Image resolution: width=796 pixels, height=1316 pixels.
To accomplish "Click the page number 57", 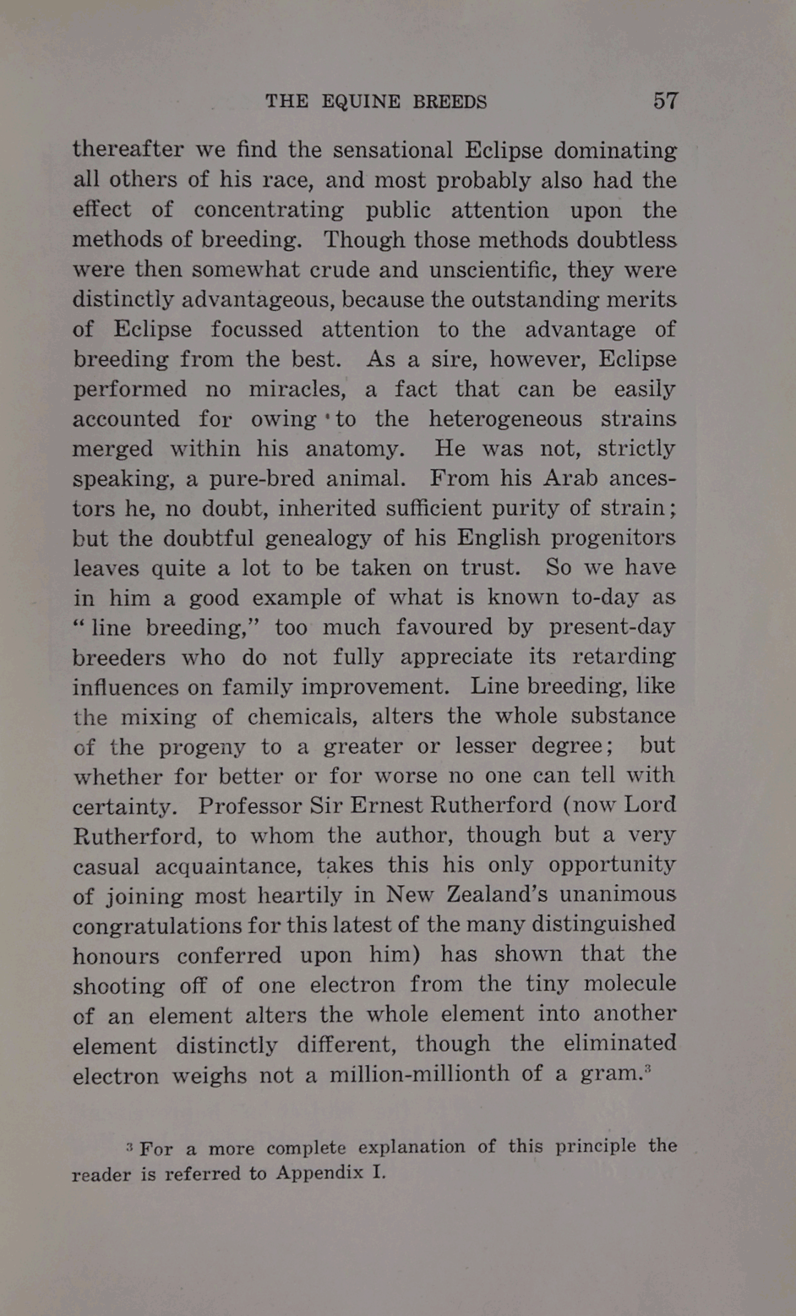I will tap(665, 101).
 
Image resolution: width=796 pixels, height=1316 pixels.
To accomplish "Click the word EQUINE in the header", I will tap(354, 101).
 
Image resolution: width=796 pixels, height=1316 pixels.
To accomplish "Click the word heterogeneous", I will tap(505, 419).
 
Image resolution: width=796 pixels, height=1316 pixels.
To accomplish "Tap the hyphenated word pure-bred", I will tap(261, 478).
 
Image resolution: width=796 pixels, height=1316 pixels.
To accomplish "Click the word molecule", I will tap(630, 984).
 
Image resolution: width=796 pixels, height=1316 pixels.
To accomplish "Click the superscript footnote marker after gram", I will tap(647, 1068).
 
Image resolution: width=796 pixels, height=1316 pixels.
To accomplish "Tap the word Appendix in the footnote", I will tap(320, 1174).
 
